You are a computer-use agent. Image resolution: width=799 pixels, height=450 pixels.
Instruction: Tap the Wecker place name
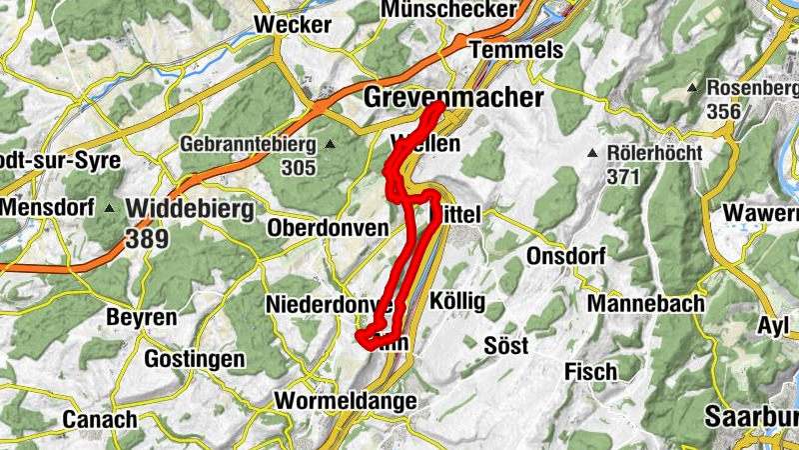point(292,24)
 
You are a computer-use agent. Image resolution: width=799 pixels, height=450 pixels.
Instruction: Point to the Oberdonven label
point(328,228)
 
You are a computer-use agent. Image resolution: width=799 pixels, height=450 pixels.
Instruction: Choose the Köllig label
point(456,301)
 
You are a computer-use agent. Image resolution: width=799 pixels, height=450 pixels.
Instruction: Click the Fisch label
point(590,372)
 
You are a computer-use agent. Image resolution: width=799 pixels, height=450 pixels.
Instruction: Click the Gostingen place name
point(195,358)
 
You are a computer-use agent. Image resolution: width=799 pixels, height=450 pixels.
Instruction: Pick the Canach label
point(100,419)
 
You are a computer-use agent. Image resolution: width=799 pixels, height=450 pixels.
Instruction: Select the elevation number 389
point(147,239)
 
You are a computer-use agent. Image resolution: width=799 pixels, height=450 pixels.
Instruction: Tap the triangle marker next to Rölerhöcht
point(592,153)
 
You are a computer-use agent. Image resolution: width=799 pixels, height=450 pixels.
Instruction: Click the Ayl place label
point(773,326)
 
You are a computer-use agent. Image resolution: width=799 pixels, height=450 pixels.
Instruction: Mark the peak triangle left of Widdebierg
point(110,210)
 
